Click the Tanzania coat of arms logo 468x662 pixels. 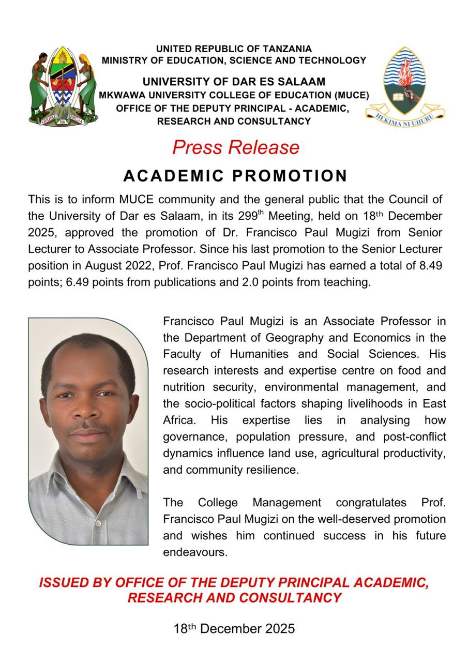tap(63, 85)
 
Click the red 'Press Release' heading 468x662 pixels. tap(236, 147)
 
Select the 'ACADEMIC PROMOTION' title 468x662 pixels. tap(235, 176)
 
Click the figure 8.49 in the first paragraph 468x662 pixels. tap(431, 266)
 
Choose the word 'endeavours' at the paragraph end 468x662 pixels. tap(195, 552)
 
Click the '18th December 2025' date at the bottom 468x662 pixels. tap(234, 629)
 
